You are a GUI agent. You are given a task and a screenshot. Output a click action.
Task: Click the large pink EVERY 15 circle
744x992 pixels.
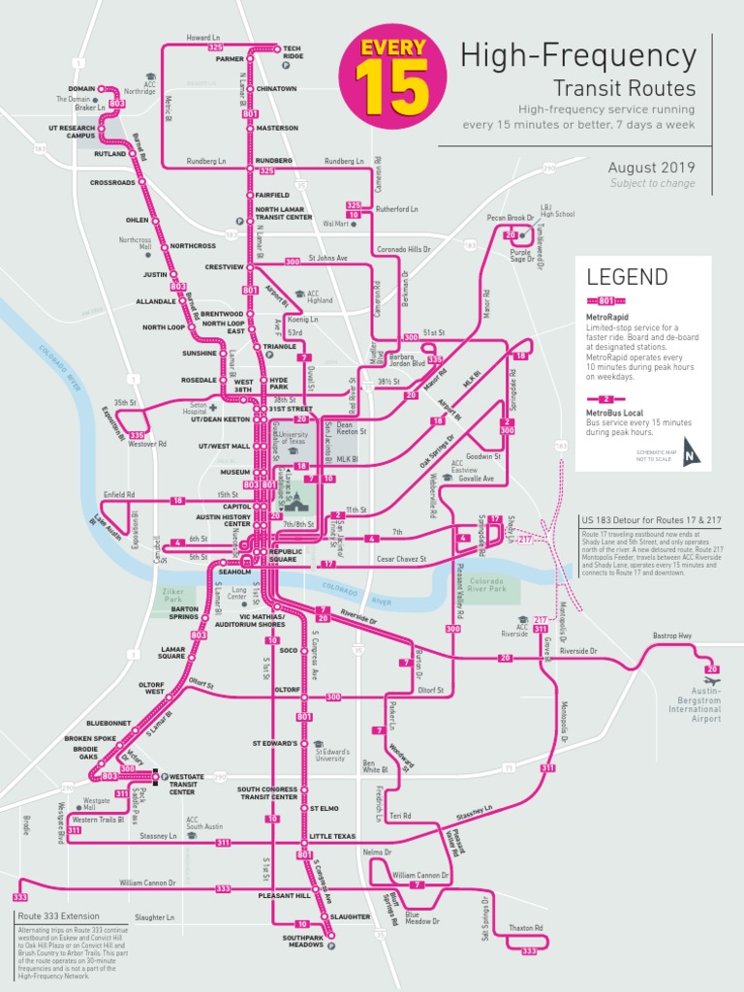(x=393, y=77)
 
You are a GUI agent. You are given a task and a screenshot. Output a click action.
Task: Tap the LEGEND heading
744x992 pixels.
(x=627, y=277)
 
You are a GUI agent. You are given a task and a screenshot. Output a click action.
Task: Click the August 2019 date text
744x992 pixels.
(x=651, y=168)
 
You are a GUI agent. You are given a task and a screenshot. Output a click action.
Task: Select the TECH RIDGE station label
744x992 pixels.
(x=293, y=52)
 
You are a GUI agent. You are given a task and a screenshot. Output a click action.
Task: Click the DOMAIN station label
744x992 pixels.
(x=81, y=88)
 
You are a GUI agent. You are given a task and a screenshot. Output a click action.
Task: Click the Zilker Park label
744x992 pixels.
(x=173, y=596)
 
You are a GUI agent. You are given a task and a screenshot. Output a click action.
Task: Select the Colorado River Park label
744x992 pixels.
(x=485, y=583)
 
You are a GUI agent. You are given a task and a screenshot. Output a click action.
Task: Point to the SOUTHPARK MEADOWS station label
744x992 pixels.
(x=303, y=941)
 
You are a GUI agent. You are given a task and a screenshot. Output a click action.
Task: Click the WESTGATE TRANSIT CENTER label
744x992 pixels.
(x=187, y=784)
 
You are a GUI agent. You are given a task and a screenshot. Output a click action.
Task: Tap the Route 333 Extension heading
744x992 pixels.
(x=58, y=915)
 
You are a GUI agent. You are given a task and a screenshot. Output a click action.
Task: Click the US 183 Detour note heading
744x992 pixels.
(x=652, y=521)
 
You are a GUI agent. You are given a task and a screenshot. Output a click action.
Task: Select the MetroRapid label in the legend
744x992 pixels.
(x=607, y=317)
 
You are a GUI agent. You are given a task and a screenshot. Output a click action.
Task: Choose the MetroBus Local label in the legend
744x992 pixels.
(x=616, y=412)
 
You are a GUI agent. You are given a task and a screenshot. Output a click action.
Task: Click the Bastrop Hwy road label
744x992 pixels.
(x=671, y=635)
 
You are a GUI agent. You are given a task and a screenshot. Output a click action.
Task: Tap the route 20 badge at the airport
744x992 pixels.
(x=713, y=669)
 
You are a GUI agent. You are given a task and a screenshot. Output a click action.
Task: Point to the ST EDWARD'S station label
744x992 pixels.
(x=276, y=743)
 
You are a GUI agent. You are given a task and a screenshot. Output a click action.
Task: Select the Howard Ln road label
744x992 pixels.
(x=203, y=38)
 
